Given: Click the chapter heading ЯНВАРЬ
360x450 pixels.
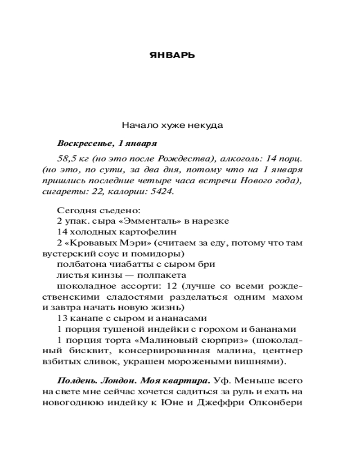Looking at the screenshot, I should (172, 56).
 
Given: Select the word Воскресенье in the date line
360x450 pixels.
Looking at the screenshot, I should (84, 144).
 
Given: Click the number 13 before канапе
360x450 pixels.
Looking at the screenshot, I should (62, 318).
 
